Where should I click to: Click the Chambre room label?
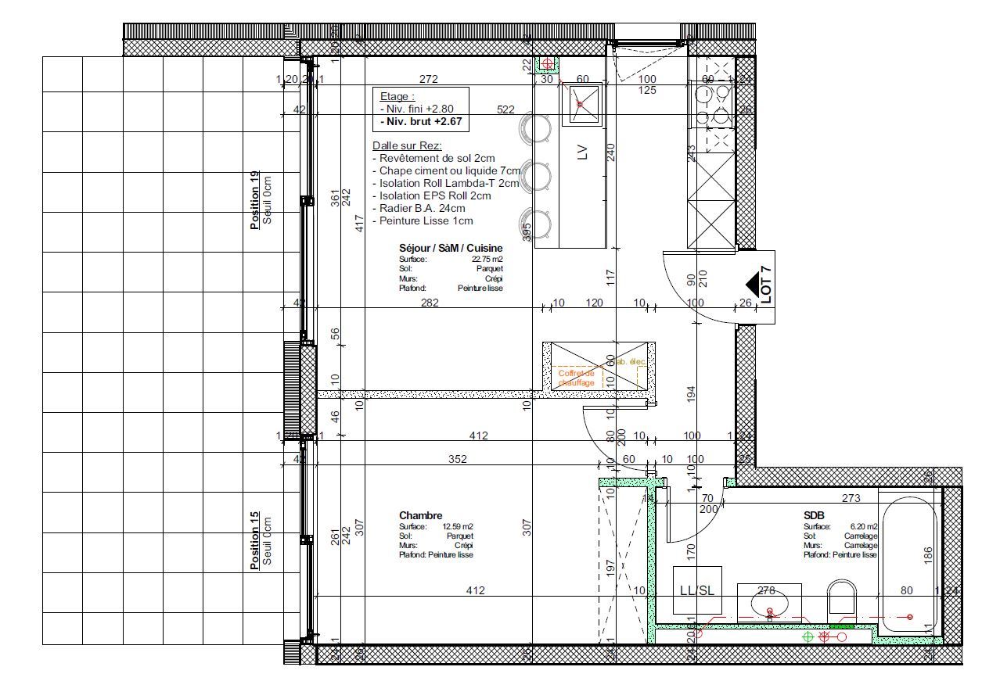point(420,515)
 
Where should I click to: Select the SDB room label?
point(814,516)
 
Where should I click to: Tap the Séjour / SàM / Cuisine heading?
point(451,248)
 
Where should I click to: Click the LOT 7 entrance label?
point(766,285)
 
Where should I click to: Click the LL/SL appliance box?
point(696,590)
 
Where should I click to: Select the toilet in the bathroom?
point(843,599)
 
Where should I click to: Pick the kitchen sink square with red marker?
point(581,104)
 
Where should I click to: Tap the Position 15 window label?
point(255,540)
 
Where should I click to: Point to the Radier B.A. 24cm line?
point(418,208)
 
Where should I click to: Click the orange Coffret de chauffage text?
point(577,378)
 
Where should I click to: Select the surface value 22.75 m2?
point(487,259)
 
